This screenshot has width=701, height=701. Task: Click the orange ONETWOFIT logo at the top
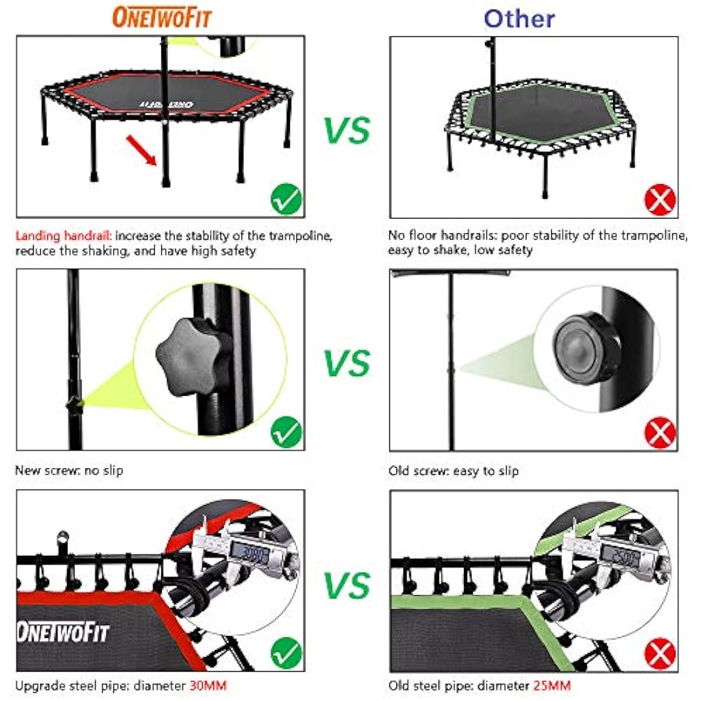(x=161, y=17)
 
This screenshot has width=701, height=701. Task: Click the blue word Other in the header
(x=519, y=18)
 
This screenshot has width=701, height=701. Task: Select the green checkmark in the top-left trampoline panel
(x=286, y=199)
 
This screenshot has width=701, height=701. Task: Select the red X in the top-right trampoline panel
(x=660, y=199)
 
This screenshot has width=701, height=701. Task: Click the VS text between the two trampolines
(x=347, y=130)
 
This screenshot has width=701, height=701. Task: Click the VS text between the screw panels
(x=347, y=363)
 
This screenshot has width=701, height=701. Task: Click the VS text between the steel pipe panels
(x=347, y=585)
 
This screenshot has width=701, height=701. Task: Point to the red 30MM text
(x=208, y=686)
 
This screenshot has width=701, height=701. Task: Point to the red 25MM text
(x=552, y=686)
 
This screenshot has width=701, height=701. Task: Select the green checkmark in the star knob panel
(x=286, y=433)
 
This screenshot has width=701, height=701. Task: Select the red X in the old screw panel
(x=660, y=433)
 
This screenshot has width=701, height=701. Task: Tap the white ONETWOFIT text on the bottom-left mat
(x=62, y=633)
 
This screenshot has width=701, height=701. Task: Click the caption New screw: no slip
(x=69, y=471)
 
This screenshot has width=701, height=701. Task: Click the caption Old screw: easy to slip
(x=454, y=471)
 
